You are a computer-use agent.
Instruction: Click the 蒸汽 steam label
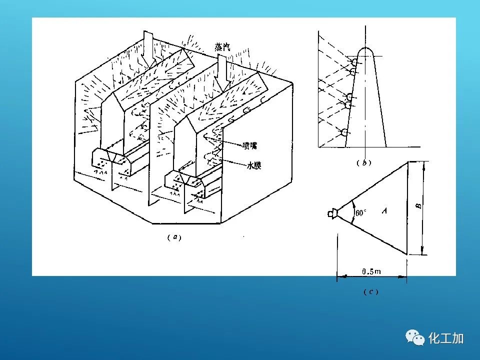click(x=222, y=47)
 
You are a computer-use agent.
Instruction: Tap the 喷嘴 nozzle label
click(x=249, y=145)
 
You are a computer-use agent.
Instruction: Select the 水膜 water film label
click(x=254, y=165)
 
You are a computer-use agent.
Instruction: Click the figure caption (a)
click(x=174, y=237)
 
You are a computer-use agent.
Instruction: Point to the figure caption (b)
click(x=364, y=163)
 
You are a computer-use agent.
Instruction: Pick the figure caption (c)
click(x=371, y=291)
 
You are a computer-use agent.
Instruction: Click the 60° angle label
click(x=360, y=212)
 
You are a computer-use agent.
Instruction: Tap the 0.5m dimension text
click(x=371, y=271)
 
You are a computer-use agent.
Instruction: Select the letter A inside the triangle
click(x=384, y=210)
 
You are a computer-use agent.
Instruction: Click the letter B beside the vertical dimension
click(x=419, y=206)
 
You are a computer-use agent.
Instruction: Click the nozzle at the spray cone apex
click(x=332, y=213)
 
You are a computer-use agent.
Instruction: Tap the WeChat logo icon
click(x=415, y=337)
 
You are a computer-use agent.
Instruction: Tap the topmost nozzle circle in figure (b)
click(x=354, y=62)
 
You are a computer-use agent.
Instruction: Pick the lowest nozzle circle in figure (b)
click(x=344, y=132)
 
